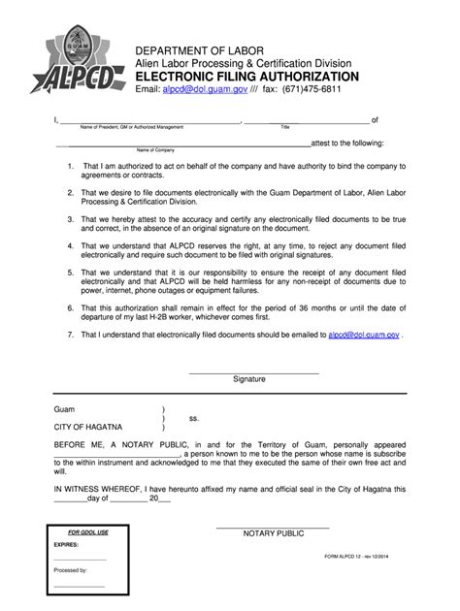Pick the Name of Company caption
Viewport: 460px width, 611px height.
pyautogui.click(x=155, y=150)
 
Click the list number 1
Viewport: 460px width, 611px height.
pyautogui.click(x=71, y=166)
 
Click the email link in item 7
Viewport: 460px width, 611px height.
pyautogui.click(x=363, y=335)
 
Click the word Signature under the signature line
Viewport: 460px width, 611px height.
pyautogui.click(x=248, y=379)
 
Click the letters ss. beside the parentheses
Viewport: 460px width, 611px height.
pyautogui.click(x=194, y=418)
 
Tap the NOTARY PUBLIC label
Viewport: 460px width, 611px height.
pyautogui.click(x=274, y=533)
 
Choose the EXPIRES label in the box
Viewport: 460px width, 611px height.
pyautogui.click(x=67, y=546)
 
